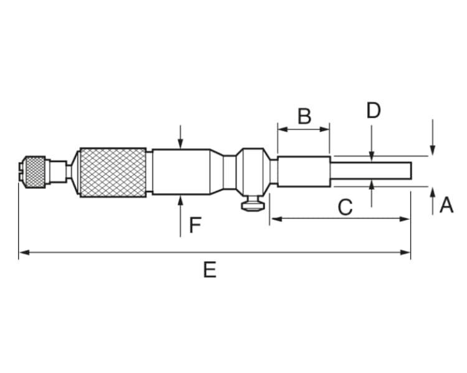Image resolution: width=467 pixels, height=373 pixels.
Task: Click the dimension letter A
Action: click(x=446, y=205)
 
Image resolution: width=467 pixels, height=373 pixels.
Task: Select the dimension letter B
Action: click(x=304, y=116)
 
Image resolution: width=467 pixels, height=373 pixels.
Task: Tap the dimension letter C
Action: click(x=345, y=207)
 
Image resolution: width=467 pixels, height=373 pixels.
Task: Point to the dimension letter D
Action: click(x=373, y=111)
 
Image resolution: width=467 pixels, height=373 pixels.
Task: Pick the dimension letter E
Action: click(x=210, y=269)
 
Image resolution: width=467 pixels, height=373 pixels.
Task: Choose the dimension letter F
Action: click(x=195, y=225)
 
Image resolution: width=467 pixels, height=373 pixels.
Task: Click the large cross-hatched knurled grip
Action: click(x=113, y=172)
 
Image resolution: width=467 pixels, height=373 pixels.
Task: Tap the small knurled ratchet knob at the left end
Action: click(x=34, y=172)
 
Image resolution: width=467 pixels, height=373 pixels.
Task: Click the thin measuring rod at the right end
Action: click(x=371, y=171)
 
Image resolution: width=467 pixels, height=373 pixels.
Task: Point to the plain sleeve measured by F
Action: click(x=181, y=172)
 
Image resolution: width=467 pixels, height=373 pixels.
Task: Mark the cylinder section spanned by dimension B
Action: click(x=303, y=172)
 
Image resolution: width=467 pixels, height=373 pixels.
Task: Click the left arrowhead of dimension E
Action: click(x=23, y=252)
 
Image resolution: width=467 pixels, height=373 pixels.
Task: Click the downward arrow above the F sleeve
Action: click(x=180, y=144)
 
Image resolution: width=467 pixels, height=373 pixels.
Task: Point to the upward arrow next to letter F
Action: click(x=180, y=200)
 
